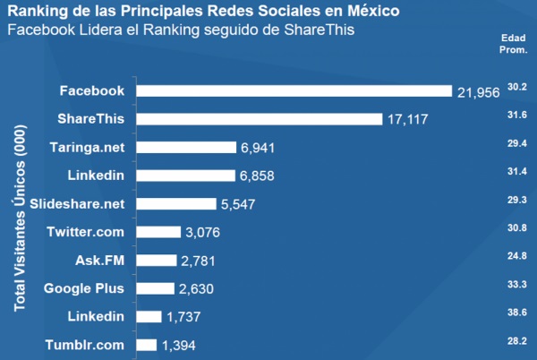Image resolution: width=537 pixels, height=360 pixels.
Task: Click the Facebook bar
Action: [294, 90]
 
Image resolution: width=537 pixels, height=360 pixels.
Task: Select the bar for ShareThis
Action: [259, 118]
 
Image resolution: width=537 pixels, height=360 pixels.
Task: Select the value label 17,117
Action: [408, 119]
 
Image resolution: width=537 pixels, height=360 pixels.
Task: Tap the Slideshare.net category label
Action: [77, 203]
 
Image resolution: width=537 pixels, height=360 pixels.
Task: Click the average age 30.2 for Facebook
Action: [516, 87]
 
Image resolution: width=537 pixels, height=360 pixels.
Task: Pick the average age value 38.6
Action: [516, 313]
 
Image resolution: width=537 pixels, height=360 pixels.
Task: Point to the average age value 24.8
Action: [516, 256]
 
